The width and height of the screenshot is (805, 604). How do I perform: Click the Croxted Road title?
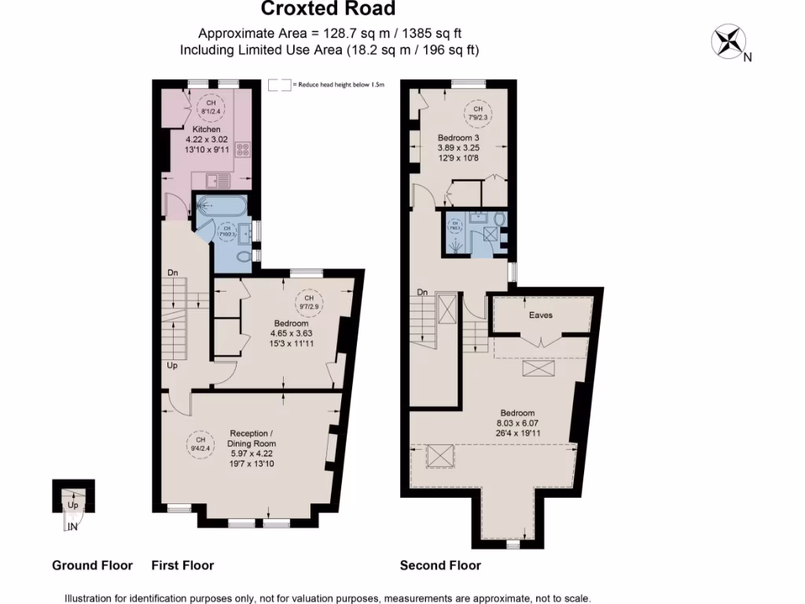coord(329,9)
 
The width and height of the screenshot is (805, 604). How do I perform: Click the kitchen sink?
coord(218,181)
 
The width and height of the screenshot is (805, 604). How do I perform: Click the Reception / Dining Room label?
coord(252,438)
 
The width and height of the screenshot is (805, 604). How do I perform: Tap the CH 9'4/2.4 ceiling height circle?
coord(200,444)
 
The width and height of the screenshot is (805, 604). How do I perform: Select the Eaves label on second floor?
coord(541,315)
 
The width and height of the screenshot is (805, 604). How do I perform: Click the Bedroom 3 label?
coord(458,138)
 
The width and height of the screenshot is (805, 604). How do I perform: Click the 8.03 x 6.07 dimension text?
coord(517,422)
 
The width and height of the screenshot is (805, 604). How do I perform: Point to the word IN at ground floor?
coord(73,527)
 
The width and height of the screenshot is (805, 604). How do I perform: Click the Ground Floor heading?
coord(92,565)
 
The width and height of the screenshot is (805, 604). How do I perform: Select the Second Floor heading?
coord(440,565)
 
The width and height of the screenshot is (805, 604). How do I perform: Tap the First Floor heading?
coord(182,565)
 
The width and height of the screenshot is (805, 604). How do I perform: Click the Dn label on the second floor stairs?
coord(422,292)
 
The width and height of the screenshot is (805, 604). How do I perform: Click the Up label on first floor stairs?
coord(172,365)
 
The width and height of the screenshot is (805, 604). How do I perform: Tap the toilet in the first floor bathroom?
coord(243,256)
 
